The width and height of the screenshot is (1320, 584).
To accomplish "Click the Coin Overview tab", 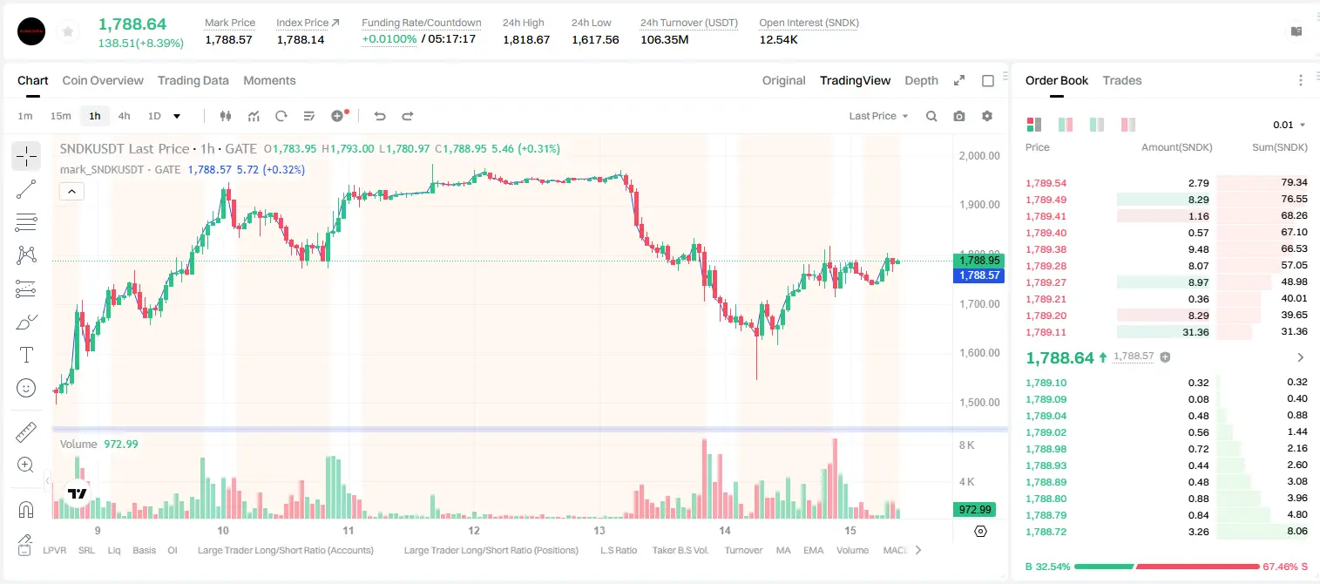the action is click(103, 80).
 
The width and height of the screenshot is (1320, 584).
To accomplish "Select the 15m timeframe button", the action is click(60, 116).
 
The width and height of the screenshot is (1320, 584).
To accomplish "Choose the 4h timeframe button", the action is click(124, 116).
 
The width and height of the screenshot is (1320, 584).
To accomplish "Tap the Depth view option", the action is click(921, 80).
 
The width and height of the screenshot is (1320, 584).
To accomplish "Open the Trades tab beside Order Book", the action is click(1122, 80).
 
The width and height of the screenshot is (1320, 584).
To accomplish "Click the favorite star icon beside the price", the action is click(68, 31).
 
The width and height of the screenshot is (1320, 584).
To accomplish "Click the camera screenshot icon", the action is click(959, 116).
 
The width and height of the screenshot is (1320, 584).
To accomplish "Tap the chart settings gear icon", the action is click(987, 116).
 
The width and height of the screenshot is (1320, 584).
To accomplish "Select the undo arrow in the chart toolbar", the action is click(380, 116).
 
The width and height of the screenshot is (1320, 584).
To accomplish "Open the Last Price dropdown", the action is click(878, 116).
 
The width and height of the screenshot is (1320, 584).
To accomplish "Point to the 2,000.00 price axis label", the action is click(979, 155).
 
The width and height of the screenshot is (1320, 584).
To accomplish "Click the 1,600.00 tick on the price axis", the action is click(979, 353).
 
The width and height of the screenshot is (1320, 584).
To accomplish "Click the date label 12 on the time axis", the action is click(474, 530).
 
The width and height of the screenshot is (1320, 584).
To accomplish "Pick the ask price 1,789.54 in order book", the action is click(1046, 183).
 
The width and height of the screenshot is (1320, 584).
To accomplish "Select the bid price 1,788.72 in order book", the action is click(1046, 532).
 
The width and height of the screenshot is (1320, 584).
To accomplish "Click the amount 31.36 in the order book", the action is click(1195, 332).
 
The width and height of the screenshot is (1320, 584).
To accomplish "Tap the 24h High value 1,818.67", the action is click(526, 39).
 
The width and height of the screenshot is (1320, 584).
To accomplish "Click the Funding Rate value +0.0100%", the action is click(389, 39).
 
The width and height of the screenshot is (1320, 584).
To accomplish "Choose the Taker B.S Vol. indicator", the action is click(680, 550).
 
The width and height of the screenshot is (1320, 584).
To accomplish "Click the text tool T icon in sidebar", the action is click(26, 355).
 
